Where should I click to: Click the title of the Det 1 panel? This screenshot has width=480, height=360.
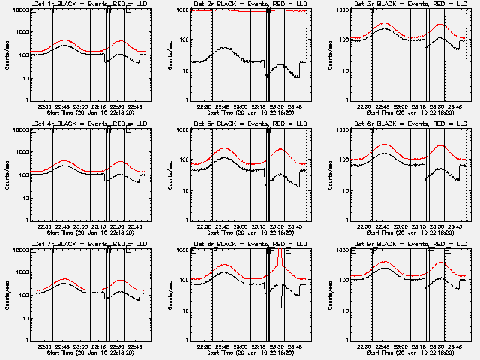90,5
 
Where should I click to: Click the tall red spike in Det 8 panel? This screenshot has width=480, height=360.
280,259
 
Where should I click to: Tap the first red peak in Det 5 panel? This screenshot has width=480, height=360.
224,148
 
